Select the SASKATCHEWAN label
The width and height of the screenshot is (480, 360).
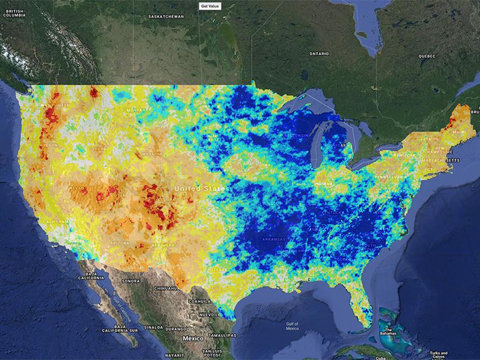point(166,17)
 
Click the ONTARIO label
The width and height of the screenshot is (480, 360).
point(319,53)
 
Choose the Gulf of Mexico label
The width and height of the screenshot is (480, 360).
point(292,326)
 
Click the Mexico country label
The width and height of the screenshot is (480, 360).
point(193,338)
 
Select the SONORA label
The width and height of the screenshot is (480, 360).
point(131,281)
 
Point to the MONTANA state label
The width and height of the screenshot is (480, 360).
point(138,111)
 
